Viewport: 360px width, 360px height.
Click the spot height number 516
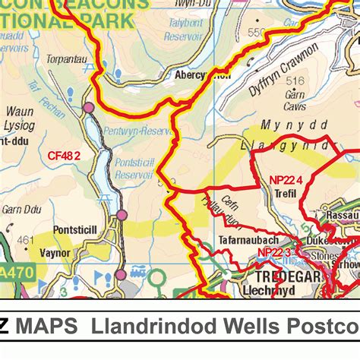(295, 81)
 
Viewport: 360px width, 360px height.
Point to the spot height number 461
(26, 241)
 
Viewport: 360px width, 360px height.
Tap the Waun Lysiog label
(20, 118)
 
